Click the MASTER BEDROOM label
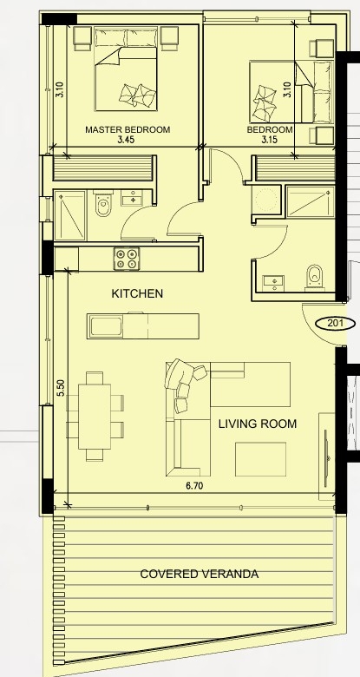128,129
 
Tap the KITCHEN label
137,293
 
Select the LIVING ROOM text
258,424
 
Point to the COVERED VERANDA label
200,575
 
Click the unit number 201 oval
336,323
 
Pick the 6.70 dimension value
194,486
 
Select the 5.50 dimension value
61,388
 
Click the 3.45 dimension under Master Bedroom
126,140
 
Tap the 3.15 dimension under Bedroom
269,140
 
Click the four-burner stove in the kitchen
127,259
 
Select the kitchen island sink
106,326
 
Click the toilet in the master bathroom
103,204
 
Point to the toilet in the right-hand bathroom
314,277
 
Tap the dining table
94,417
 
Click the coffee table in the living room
260,459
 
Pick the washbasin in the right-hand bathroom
273,281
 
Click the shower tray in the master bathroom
70,215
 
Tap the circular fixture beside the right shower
265,199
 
